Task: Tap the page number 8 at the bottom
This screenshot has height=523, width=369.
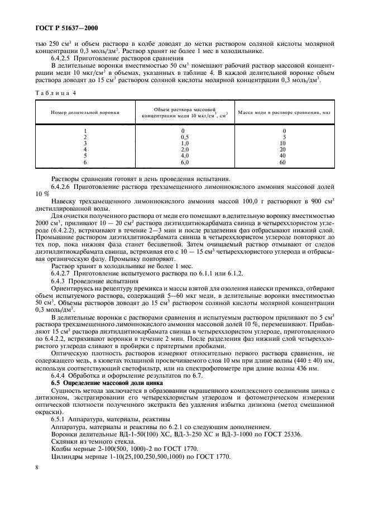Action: [x=37, y=479]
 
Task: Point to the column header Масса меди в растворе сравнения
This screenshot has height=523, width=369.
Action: [x=285, y=112]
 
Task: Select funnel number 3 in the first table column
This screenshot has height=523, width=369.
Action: [x=85, y=143]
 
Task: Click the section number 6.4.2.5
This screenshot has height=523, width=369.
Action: [x=64, y=59]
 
